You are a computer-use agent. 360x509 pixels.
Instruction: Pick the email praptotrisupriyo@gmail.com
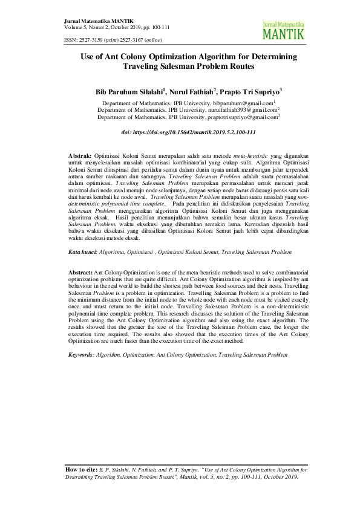pyautogui.click(x=241, y=118)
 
